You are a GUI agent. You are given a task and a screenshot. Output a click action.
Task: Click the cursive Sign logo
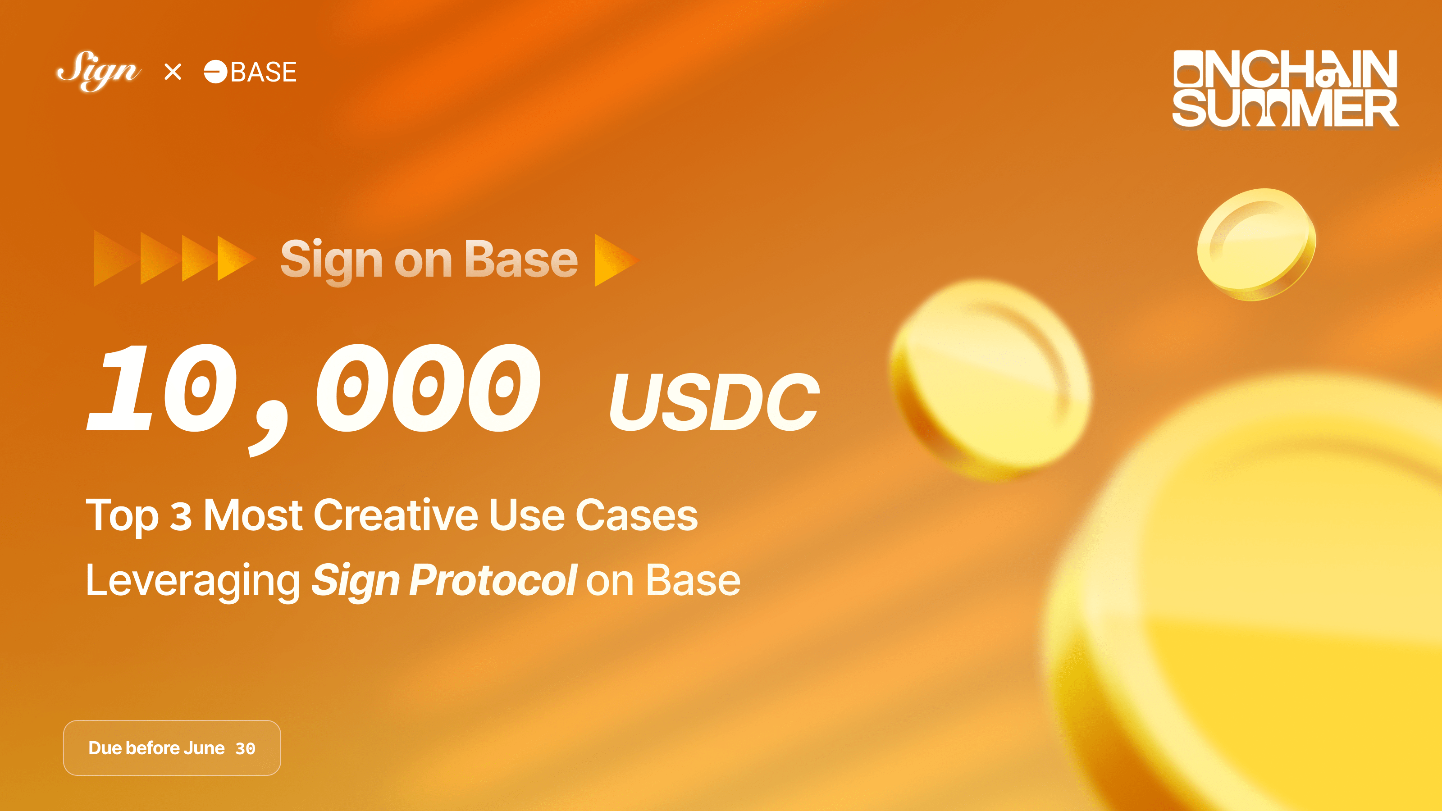point(99,71)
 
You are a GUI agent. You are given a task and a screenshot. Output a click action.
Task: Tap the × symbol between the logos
point(173,72)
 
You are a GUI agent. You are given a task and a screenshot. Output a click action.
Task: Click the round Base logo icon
point(215,72)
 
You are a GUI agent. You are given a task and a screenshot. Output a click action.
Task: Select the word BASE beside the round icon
point(264,72)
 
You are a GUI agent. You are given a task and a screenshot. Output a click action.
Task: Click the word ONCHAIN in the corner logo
point(1285,68)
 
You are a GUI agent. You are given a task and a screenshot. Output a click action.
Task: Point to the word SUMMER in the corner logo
point(1285,109)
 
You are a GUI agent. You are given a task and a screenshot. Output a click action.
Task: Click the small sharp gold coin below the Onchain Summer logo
point(1256,244)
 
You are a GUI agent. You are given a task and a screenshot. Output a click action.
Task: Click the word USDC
point(714,402)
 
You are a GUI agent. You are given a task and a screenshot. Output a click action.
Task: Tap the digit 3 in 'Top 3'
point(181,516)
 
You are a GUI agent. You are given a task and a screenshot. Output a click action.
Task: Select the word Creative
point(396,515)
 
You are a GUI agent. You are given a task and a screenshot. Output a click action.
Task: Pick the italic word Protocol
point(493,580)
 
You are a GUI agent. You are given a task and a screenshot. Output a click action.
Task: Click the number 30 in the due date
point(245,749)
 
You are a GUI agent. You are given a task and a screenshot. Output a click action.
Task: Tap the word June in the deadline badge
point(204,748)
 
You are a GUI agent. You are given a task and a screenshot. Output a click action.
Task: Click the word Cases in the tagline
point(636,515)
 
